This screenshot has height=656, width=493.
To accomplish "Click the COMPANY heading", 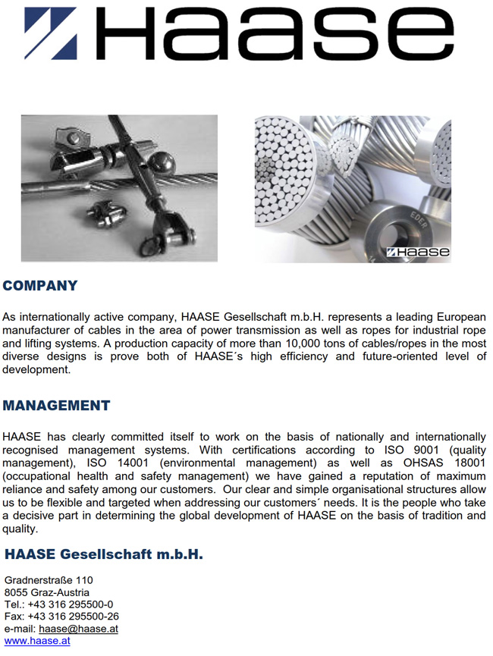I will [x=40, y=286].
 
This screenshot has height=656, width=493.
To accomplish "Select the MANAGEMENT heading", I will [x=56, y=406].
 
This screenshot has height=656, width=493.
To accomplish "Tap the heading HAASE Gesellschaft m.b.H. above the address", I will [x=103, y=554].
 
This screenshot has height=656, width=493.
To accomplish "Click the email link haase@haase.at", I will [x=78, y=629].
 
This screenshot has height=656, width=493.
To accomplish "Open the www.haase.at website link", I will [x=37, y=641].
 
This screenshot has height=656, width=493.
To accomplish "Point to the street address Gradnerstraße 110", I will [x=49, y=580].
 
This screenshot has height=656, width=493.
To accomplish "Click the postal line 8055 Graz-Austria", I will [x=46, y=592].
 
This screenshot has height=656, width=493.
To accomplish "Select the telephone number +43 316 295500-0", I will [x=71, y=604].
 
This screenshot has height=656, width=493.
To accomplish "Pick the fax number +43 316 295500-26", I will [x=73, y=617].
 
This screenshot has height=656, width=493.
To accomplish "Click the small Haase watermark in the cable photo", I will [x=418, y=252].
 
